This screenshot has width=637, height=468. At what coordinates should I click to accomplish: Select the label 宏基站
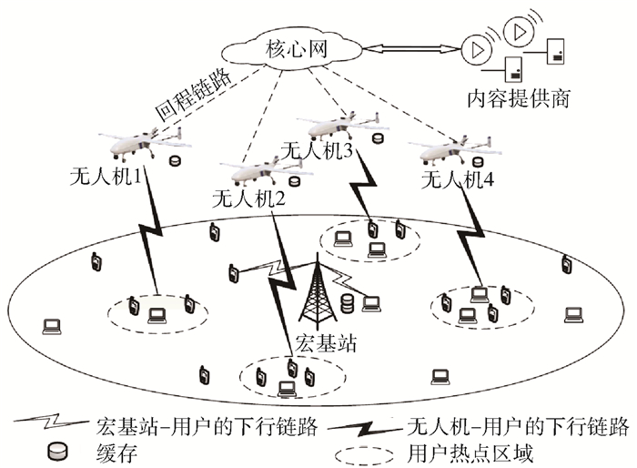pos(318,343)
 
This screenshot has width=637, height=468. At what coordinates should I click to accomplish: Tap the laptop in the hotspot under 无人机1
pos(157,315)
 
